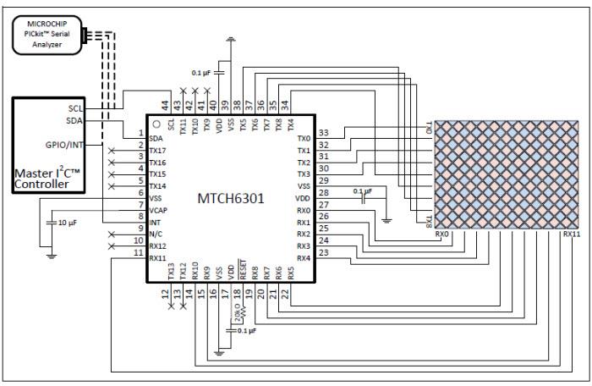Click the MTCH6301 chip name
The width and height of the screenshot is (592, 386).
pyautogui.click(x=231, y=200)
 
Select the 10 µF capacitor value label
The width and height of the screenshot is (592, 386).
pyautogui.click(x=68, y=223)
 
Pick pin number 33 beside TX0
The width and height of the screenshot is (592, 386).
pyautogui.click(x=323, y=132)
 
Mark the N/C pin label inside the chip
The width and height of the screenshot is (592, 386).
pyautogui.click(x=156, y=234)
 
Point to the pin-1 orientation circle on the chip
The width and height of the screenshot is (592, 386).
pyautogui.click(x=156, y=124)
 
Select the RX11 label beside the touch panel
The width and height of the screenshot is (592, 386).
pyautogui.click(x=572, y=234)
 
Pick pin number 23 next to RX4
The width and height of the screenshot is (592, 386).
pyautogui.click(x=323, y=251)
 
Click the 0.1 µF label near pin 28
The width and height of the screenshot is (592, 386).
pyautogui.click(x=362, y=191)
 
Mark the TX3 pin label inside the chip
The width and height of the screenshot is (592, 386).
pyautogui.click(x=304, y=174)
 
